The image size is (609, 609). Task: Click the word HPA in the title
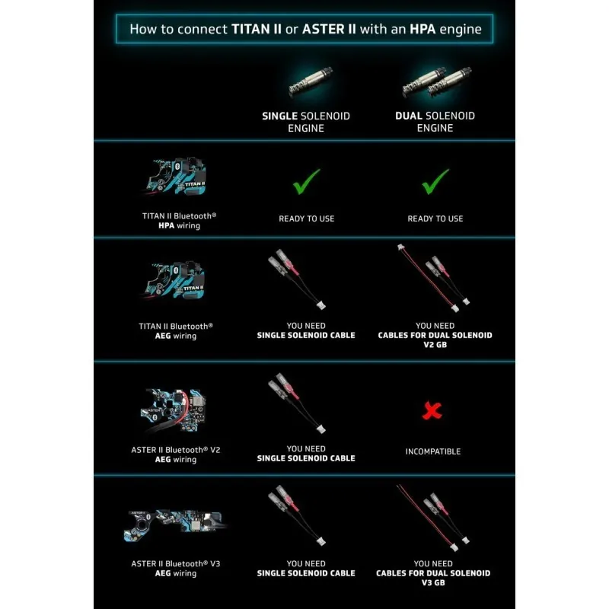click(x=422, y=29)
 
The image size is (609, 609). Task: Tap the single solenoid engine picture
click(x=311, y=81)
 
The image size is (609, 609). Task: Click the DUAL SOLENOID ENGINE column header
click(x=435, y=122)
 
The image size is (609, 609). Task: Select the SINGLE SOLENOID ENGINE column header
click(x=306, y=122)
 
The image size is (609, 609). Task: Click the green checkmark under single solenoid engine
click(x=307, y=181)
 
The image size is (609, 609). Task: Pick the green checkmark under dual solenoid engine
click(x=435, y=181)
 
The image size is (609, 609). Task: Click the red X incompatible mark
click(x=432, y=410)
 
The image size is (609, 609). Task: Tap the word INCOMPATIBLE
click(x=433, y=451)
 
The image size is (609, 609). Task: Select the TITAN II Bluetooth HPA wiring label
click(x=179, y=221)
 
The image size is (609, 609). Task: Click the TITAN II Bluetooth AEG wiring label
click(x=176, y=331)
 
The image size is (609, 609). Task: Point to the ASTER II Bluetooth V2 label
click(x=176, y=454)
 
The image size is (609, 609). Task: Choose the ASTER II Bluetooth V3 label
click(x=176, y=568)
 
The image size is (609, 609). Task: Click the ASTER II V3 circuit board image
click(x=176, y=525)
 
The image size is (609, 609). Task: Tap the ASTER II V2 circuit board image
click(x=174, y=410)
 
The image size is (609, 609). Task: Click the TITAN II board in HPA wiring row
click(x=176, y=177)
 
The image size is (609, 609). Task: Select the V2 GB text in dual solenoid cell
click(x=435, y=345)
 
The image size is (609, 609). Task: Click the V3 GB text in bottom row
click(x=433, y=582)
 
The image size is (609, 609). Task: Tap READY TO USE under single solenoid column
click(x=307, y=218)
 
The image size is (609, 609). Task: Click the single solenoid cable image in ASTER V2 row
click(x=297, y=403)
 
